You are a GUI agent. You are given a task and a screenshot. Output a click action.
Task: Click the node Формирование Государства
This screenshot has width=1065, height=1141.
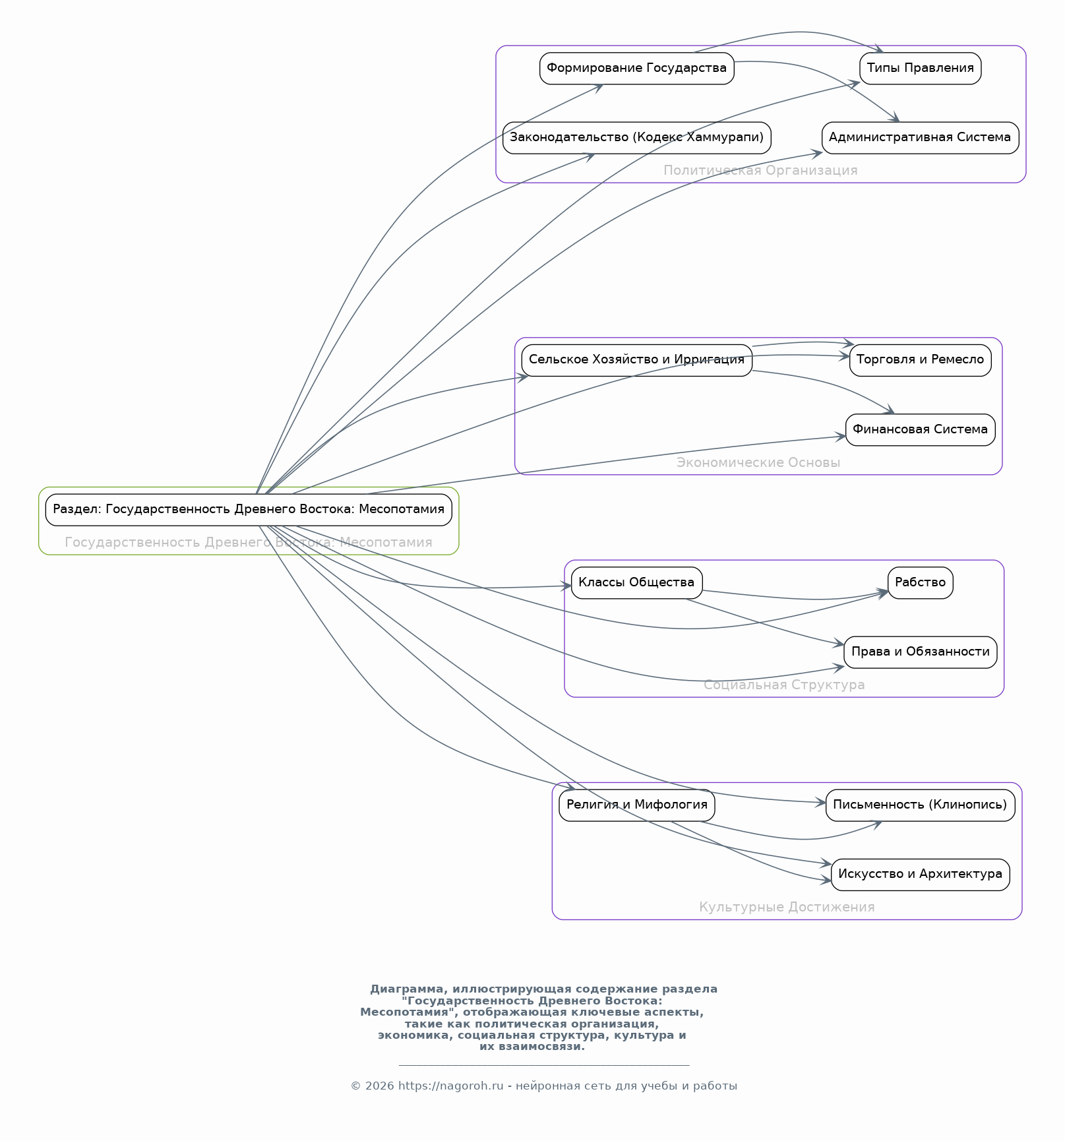pyautogui.click(x=636, y=68)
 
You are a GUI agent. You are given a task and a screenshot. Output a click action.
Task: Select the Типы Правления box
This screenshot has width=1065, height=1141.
pyautogui.click(x=920, y=68)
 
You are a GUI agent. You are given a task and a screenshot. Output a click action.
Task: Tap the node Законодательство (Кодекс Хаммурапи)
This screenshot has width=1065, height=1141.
pyautogui.click(x=636, y=137)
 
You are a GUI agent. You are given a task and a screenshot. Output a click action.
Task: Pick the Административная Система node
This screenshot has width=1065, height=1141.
pyautogui.click(x=920, y=137)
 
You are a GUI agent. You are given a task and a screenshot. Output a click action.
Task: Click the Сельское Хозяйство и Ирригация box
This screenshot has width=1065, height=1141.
pyautogui.click(x=636, y=360)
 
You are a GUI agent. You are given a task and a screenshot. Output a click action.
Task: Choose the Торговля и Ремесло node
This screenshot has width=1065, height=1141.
pyautogui.click(x=920, y=360)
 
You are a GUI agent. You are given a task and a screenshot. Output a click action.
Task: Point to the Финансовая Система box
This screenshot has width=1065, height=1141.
pyautogui.click(x=920, y=429)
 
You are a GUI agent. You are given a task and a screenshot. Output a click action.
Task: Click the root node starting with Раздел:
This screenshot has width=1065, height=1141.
pyautogui.click(x=249, y=509)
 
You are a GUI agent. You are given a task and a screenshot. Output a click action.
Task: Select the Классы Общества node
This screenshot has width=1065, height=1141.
pyautogui.click(x=636, y=582)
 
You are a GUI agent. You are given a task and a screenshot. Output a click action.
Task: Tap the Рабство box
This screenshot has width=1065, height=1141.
pyautogui.click(x=920, y=582)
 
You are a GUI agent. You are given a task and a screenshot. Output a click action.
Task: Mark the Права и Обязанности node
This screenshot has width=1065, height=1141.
pyautogui.click(x=920, y=652)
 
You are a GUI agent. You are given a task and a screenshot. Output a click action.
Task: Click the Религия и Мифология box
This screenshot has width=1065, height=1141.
pyautogui.click(x=636, y=805)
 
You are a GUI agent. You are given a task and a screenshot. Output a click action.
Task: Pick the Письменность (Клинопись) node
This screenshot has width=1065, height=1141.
pyautogui.click(x=920, y=805)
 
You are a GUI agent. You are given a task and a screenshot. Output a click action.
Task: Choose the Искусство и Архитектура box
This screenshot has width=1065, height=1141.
pyautogui.click(x=920, y=874)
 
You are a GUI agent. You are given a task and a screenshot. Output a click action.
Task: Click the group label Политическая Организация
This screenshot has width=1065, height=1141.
pyautogui.click(x=760, y=171)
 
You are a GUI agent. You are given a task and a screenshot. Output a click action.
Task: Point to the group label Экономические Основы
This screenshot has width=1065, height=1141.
pyautogui.click(x=758, y=463)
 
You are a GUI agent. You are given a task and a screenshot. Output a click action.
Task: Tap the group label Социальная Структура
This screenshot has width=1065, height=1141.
pyautogui.click(x=784, y=685)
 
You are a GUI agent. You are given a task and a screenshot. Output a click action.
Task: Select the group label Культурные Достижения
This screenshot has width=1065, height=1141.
pyautogui.click(x=787, y=908)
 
